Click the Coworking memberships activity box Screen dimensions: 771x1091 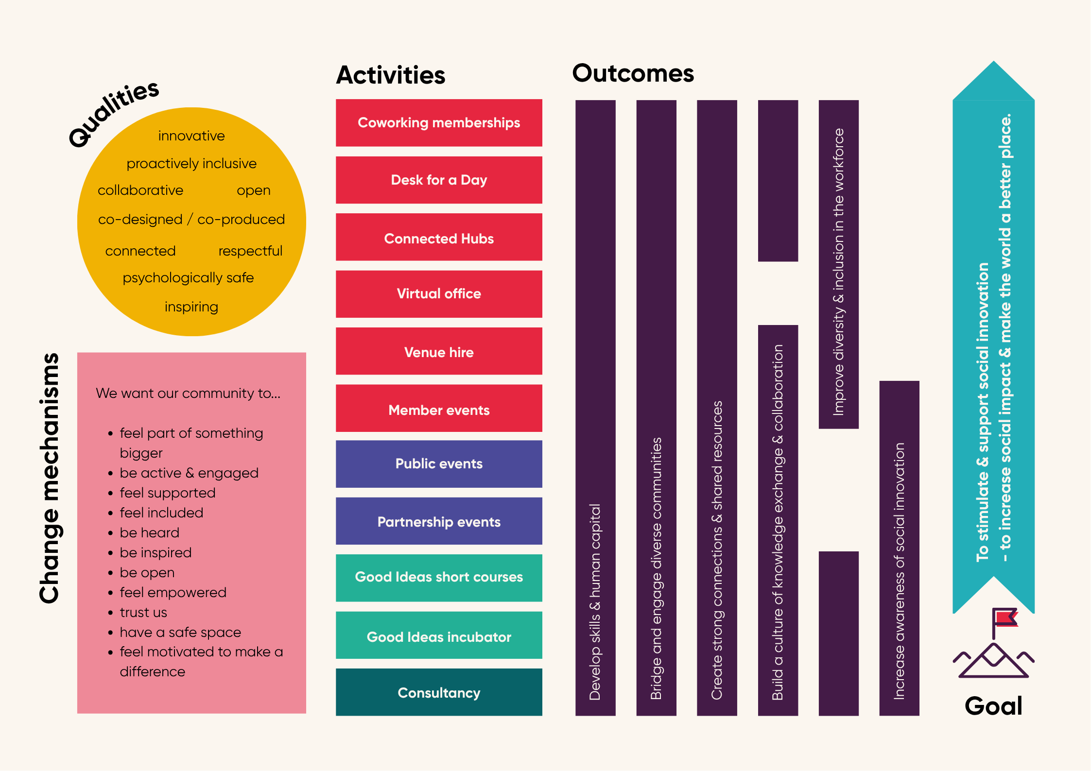pyautogui.click(x=439, y=123)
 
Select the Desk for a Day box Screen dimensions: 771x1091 pyautogui.click(x=439, y=180)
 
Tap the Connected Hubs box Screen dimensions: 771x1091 pyautogui.click(x=439, y=238)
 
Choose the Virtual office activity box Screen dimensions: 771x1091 pyautogui.click(x=439, y=294)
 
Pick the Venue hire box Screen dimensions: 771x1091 pyautogui.click(x=439, y=352)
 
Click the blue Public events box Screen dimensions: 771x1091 pyautogui.click(x=439, y=464)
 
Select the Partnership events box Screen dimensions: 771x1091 pyautogui.click(x=439, y=521)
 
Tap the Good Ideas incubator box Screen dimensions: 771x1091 pyautogui.click(x=439, y=636)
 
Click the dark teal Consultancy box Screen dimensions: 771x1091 pyautogui.click(x=439, y=693)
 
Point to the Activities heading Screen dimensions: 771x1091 pyautogui.click(x=391, y=75)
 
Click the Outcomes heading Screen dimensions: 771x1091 pyautogui.click(x=633, y=74)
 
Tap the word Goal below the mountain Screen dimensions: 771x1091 pyautogui.click(x=993, y=706)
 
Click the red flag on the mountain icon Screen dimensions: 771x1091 pyautogui.click(x=1005, y=618)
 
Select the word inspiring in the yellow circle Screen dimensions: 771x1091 pyautogui.click(x=191, y=307)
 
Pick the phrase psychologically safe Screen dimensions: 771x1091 pyautogui.click(x=188, y=278)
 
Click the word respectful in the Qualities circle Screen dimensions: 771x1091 pyautogui.click(x=250, y=251)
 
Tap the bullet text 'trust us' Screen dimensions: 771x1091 pyautogui.click(x=143, y=613)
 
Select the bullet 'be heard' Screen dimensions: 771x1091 pyautogui.click(x=150, y=533)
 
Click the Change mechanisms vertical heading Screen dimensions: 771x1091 pyautogui.click(x=49, y=479)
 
